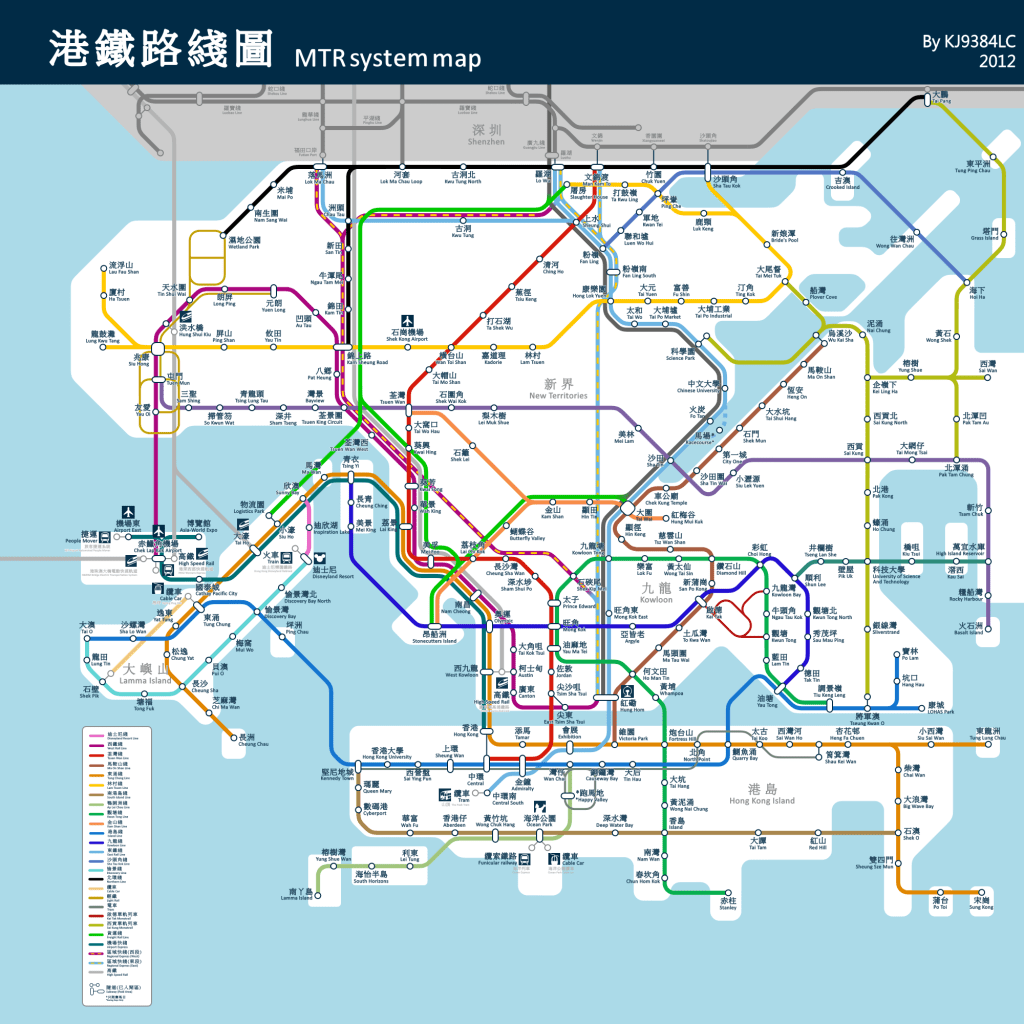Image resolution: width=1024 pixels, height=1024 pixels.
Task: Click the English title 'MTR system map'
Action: pos(387,58)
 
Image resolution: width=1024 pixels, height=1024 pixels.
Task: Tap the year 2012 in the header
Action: pos(997,62)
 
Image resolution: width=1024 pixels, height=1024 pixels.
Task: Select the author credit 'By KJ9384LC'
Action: pos(968,42)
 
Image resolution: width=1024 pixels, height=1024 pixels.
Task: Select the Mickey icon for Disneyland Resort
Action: pos(319,559)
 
